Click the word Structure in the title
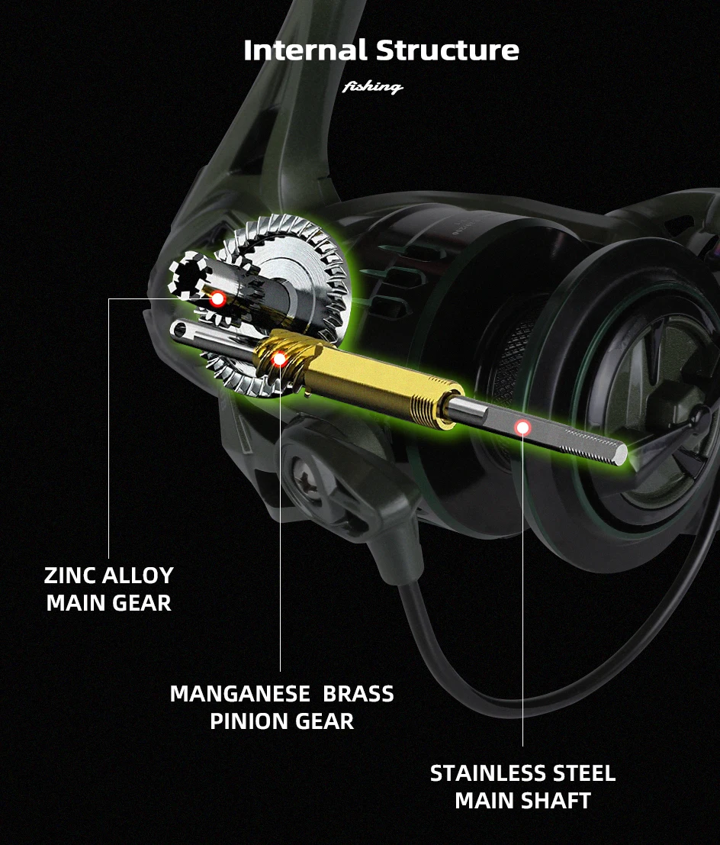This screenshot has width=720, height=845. coord(448,50)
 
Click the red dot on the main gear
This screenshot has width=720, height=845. coord(217,298)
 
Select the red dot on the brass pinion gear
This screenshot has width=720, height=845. coord(279,358)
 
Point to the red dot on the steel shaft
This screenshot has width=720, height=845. coord(522,427)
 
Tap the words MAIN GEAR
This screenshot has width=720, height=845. coord(108,603)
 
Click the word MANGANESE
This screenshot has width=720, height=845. coord(239,694)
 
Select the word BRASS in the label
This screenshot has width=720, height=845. coord(358,694)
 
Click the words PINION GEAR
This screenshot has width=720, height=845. coord(281,721)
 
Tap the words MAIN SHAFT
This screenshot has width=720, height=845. coord(522,801)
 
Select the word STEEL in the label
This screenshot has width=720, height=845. coord(581,773)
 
